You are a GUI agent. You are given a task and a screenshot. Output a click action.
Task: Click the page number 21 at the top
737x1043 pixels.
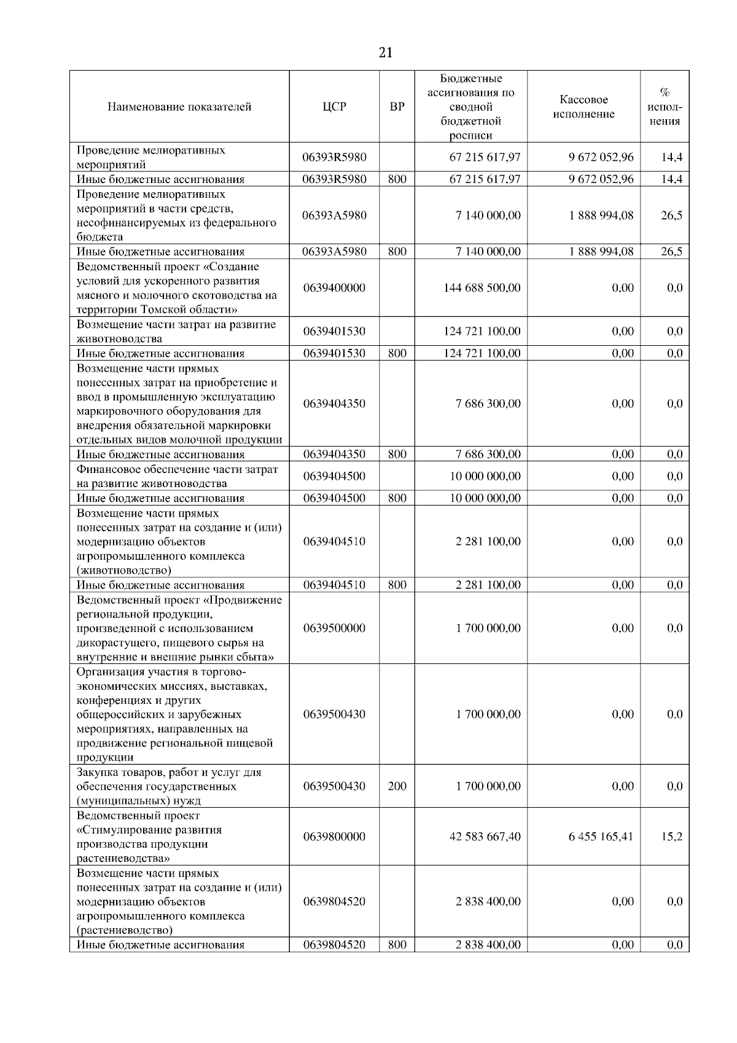(385, 53)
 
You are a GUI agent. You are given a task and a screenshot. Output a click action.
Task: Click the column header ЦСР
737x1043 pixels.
(334, 107)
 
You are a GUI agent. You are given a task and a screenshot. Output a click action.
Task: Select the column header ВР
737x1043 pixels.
(397, 107)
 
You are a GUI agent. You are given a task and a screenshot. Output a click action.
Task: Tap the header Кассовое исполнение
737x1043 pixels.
(583, 107)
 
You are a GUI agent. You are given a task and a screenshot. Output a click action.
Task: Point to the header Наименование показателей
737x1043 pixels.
(179, 107)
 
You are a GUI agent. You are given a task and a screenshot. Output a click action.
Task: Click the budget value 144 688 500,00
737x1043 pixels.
(482, 288)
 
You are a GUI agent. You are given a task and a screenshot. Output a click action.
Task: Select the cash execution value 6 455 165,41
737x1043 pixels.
(601, 837)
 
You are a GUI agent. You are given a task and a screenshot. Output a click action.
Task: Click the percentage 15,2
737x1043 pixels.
(671, 837)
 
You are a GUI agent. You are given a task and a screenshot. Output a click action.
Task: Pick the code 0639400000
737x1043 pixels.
(334, 288)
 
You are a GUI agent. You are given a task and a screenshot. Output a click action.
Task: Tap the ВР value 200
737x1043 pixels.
(397, 786)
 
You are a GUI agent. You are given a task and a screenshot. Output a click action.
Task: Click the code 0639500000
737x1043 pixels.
(334, 628)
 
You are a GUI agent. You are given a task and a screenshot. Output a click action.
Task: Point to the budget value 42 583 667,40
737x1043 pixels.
(485, 837)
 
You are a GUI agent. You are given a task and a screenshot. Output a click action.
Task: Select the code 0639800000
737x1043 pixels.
(334, 837)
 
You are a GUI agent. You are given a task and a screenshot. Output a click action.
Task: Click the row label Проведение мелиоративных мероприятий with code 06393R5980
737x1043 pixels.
(150, 157)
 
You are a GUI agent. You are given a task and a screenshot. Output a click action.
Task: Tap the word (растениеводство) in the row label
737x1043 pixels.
(125, 930)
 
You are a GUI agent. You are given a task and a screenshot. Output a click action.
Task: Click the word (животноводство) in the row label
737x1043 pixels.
(123, 570)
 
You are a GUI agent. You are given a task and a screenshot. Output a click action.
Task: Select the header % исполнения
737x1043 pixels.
(665, 107)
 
